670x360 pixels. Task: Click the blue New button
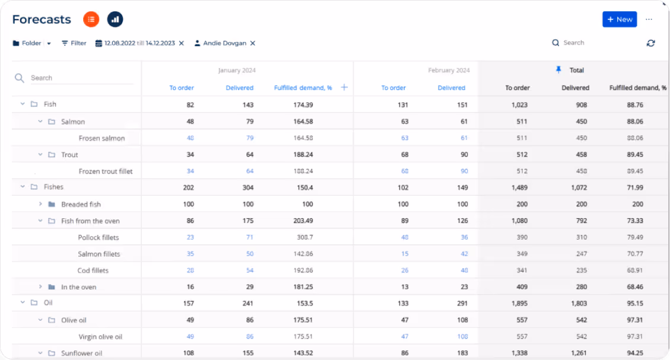(619, 20)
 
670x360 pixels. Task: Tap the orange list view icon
(91, 20)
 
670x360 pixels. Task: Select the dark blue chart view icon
(115, 20)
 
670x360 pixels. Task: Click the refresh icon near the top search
(651, 43)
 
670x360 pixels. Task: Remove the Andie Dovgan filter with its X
(253, 43)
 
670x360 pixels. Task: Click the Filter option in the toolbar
(74, 43)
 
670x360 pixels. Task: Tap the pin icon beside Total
(558, 70)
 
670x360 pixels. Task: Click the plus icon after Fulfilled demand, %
(344, 88)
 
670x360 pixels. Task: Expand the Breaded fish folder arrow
(40, 204)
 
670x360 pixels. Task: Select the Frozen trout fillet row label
(106, 171)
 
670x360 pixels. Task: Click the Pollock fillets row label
(99, 237)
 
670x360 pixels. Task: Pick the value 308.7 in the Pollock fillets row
(304, 237)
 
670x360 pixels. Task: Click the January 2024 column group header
(237, 70)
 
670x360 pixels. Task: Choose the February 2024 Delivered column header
(451, 88)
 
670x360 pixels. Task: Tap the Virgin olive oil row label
(100, 337)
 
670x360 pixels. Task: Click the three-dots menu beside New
(649, 20)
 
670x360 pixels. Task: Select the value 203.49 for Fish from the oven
(302, 221)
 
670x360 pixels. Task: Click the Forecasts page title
(42, 20)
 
